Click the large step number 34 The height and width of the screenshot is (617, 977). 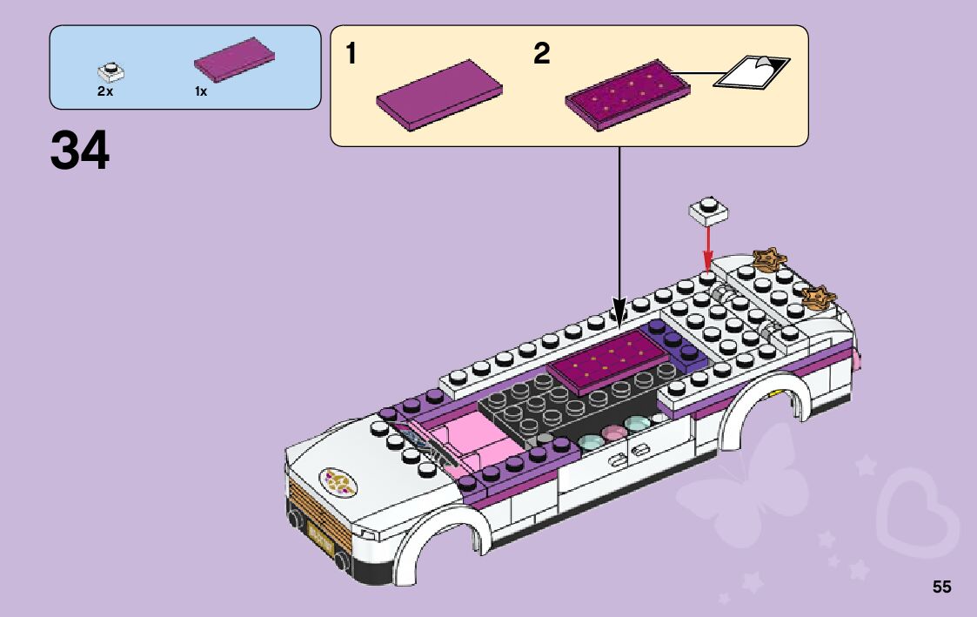pos(80,151)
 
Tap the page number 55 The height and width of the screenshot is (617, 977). pos(942,587)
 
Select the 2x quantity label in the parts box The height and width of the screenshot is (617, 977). pos(105,91)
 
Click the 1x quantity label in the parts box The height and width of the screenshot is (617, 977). pos(201,91)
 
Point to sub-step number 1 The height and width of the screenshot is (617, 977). pos(351,55)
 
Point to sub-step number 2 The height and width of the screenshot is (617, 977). pos(542,55)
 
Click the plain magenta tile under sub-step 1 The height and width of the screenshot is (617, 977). pos(440,95)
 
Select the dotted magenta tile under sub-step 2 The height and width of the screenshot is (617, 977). pos(627,94)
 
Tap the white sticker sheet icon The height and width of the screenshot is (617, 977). pos(751,71)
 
